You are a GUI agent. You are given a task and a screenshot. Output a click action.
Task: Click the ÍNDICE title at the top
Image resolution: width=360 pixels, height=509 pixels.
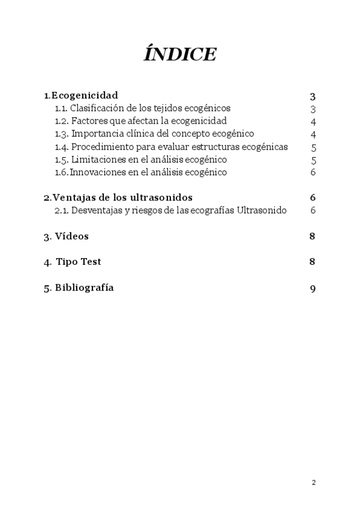pyautogui.click(x=180, y=55)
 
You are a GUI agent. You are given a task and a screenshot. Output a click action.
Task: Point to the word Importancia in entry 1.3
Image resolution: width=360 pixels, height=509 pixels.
pyautogui.click(x=95, y=134)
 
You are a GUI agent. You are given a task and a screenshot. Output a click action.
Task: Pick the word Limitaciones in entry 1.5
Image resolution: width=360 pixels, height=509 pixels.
pyautogui.click(x=97, y=160)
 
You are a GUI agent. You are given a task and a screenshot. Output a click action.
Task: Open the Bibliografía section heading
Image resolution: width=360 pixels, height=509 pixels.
pyautogui.click(x=84, y=288)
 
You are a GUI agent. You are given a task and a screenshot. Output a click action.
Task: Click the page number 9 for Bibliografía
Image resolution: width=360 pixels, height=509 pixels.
pyautogui.click(x=313, y=288)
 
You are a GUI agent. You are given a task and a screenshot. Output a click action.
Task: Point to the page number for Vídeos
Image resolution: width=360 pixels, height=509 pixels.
pyautogui.click(x=313, y=236)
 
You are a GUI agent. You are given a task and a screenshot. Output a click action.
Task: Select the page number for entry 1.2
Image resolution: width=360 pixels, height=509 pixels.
pyautogui.click(x=313, y=122)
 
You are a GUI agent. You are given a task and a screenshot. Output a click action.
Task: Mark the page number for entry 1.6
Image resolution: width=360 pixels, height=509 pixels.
pyautogui.click(x=313, y=173)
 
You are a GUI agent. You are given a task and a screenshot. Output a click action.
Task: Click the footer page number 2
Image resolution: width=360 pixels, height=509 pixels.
pyautogui.click(x=313, y=483)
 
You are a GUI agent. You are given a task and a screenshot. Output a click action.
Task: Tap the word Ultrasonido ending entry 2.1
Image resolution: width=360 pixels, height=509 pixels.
pyautogui.click(x=262, y=210)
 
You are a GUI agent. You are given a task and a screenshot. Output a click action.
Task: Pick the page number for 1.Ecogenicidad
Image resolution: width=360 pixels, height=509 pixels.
pyautogui.click(x=313, y=96)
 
